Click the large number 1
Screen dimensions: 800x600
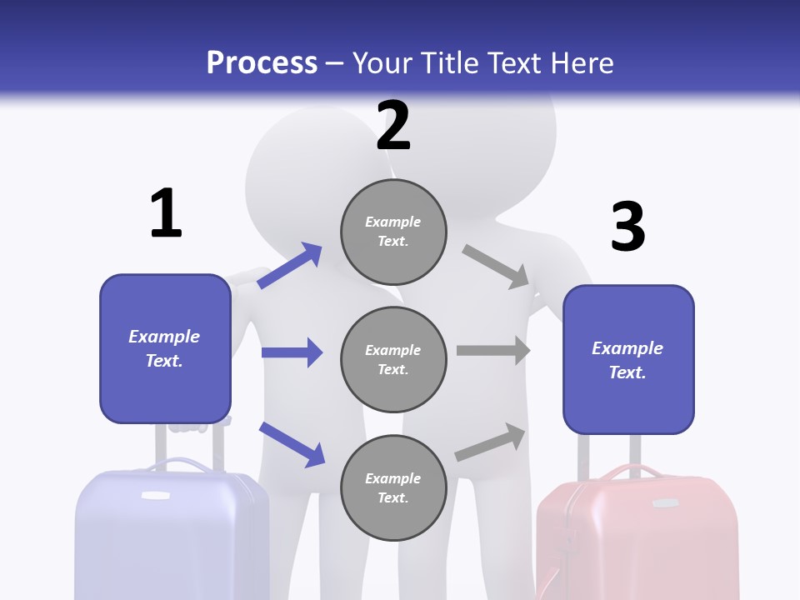(166, 214)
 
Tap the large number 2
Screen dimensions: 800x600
(393, 126)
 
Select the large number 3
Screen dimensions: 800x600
(627, 227)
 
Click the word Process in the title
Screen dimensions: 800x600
(262, 62)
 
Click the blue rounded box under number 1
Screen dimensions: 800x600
(165, 348)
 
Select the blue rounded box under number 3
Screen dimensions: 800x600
(628, 360)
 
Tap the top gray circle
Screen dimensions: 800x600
(393, 232)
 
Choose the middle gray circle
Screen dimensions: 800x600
(393, 360)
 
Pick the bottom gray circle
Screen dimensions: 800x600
(393, 488)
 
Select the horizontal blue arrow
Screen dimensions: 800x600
(292, 352)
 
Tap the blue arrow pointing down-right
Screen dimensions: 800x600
(292, 443)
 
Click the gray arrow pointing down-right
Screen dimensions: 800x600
(496, 267)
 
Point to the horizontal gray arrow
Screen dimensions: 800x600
(493, 351)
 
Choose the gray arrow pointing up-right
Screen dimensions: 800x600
(491, 442)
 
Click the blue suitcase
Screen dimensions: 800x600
(172, 533)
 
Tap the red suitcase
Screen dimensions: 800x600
(637, 537)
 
